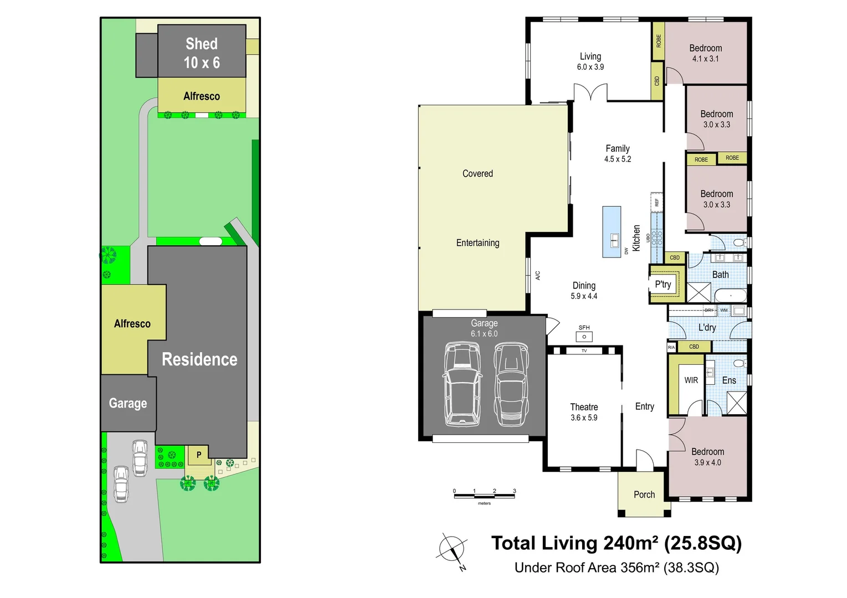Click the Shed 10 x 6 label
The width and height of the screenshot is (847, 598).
point(202,53)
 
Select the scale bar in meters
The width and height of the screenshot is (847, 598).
point(484,495)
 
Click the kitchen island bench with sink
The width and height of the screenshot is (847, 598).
point(612,232)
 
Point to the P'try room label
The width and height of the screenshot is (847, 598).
point(663,285)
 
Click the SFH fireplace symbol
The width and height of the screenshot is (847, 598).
point(584,336)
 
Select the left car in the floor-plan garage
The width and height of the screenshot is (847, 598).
point(461,384)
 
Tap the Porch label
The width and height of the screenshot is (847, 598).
point(644,494)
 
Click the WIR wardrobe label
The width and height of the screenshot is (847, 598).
point(691,380)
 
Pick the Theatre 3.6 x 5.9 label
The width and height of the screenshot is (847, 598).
point(584,412)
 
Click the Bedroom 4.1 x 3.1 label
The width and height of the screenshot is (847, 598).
point(705,53)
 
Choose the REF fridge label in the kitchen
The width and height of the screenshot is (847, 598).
point(657,203)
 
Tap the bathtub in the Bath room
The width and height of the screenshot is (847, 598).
point(730,296)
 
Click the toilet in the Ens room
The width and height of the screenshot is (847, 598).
point(739,364)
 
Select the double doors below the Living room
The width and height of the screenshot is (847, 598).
point(591,92)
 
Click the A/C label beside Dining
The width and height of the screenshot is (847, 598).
point(537,275)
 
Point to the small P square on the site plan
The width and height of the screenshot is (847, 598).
point(199,455)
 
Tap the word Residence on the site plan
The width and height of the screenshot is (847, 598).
point(199,359)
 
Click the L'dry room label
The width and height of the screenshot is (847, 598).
point(707,327)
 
